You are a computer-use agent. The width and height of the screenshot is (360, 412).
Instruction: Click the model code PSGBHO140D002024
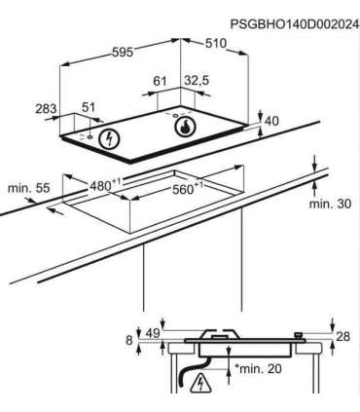tap(295, 24)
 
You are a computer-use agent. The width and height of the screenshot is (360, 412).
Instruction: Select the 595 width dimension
tap(123, 52)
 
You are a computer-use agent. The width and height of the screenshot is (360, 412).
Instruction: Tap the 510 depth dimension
tap(215, 43)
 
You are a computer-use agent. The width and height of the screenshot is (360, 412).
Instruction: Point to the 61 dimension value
tap(160, 81)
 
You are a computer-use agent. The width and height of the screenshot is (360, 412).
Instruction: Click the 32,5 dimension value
tap(197, 81)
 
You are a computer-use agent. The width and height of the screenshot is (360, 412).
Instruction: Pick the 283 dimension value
tap(46, 108)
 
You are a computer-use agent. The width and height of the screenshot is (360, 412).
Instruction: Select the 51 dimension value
tap(88, 107)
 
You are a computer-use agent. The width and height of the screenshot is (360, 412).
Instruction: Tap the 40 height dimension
tap(271, 121)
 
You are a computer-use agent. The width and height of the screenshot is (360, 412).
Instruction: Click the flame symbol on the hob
tap(185, 127)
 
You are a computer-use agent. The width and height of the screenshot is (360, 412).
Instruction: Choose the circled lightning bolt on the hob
tap(109, 139)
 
